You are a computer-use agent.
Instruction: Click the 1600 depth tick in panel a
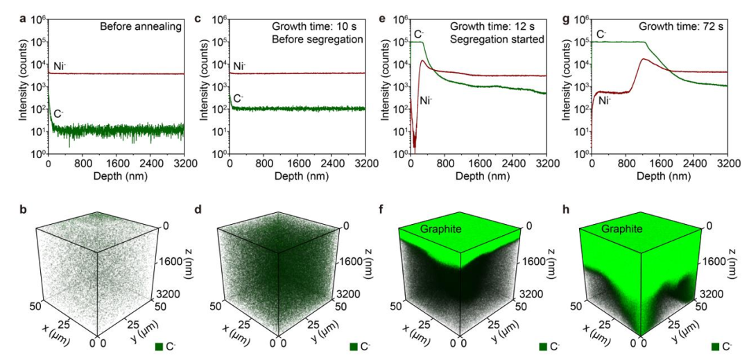tap(116, 164)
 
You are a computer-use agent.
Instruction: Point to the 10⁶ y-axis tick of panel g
tap(581, 19)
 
